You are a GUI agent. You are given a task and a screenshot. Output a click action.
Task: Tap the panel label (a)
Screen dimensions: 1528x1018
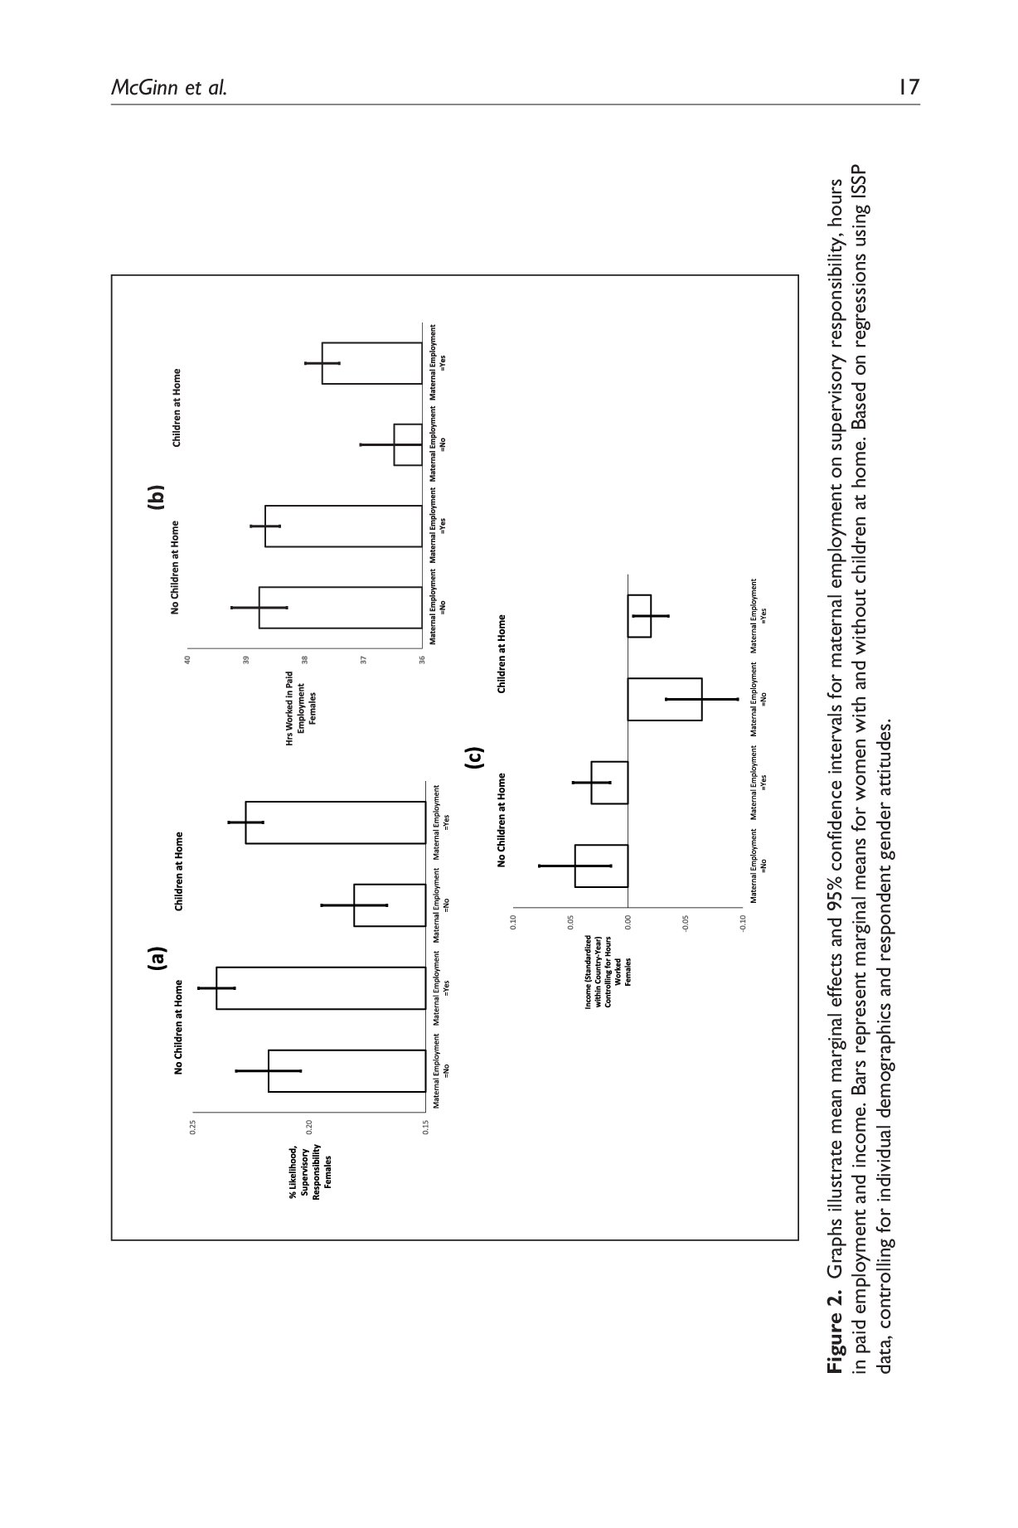point(156,958)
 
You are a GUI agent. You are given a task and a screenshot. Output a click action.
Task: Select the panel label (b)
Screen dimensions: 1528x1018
point(156,497)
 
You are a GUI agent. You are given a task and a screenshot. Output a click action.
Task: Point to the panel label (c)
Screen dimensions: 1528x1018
point(475,759)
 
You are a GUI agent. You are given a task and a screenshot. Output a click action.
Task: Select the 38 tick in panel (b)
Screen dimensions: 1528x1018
point(305,660)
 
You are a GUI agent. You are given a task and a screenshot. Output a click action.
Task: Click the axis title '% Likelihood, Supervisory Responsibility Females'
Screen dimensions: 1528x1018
point(310,1171)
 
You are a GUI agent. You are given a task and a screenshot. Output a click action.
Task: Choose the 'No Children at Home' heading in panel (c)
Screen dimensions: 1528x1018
point(502,819)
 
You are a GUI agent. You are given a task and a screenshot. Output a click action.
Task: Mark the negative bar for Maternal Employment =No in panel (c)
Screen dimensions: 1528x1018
point(665,699)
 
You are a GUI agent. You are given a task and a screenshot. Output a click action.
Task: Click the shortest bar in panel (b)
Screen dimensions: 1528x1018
point(408,444)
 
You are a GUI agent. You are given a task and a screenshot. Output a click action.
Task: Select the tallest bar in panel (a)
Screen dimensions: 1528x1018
point(321,987)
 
